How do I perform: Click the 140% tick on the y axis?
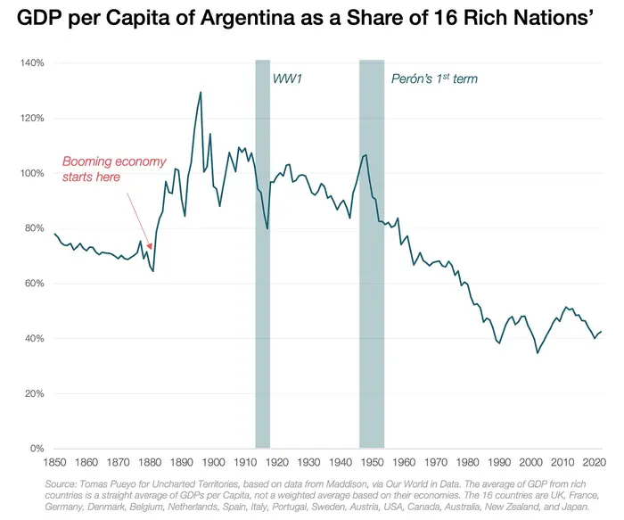pos(33,62)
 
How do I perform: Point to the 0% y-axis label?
pos(37,449)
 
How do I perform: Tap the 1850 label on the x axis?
pos(54,463)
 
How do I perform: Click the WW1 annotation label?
pos(287,78)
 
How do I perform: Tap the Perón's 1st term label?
pos(434,78)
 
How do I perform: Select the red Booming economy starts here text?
pos(102,169)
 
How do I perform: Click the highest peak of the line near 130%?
pos(201,92)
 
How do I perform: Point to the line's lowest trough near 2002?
pos(538,353)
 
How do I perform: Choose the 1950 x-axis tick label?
pos(372,463)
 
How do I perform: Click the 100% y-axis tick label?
pos(33,173)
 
